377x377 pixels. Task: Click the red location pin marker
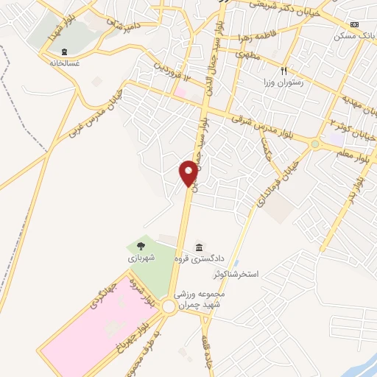click(188, 173)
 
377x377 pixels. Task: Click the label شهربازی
click(141, 258)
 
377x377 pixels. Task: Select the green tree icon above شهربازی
click(141, 246)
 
